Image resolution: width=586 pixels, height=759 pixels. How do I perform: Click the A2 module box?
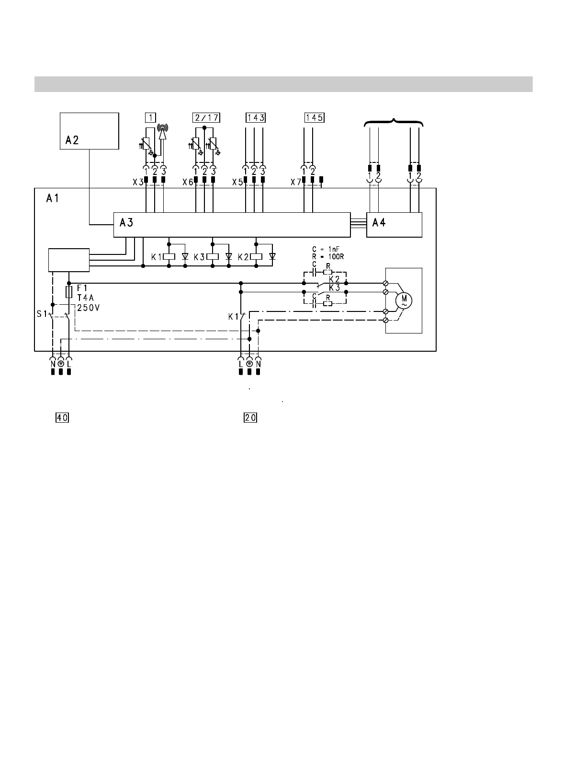pos(89,131)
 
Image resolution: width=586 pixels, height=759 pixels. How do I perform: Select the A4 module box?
pos(394,225)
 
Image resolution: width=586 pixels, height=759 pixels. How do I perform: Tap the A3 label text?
pos(126,222)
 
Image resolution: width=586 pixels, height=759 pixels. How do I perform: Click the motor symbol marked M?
pos(404,300)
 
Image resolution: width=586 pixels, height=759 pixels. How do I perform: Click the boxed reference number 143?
pos(256,117)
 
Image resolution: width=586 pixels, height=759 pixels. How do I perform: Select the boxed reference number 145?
pos(314,117)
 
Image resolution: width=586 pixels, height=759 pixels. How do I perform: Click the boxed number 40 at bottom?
pos(62,417)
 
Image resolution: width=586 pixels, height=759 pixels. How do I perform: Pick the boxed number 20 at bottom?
pos(250,417)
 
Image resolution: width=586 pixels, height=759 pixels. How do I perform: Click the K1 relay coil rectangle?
pos(169,257)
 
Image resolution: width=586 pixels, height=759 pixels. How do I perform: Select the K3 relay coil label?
pos(199,257)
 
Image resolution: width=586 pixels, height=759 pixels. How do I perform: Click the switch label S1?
pos(42,314)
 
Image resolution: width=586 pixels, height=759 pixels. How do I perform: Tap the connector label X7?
pos(296,183)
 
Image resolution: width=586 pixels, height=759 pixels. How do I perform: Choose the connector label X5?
pos(237,183)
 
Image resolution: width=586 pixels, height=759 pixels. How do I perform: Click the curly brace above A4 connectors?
pos(394,122)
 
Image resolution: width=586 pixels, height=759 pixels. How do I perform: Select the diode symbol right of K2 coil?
pos(272,257)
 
